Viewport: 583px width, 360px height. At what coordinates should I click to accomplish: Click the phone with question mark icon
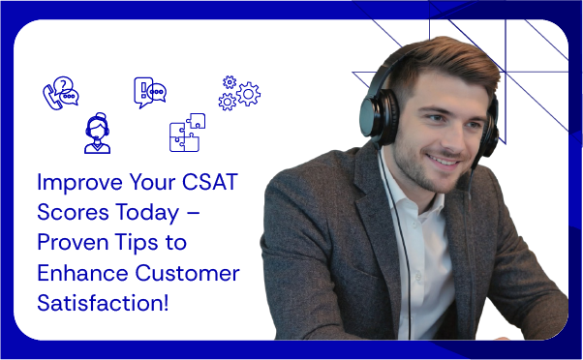point(59,93)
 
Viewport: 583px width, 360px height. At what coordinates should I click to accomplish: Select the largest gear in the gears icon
point(248,94)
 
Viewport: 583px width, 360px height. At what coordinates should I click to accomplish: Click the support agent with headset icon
point(97,134)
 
